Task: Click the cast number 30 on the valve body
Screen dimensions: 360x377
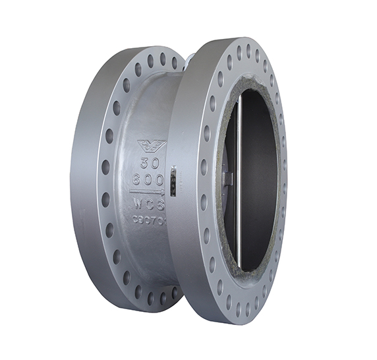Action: pyautogui.click(x=150, y=162)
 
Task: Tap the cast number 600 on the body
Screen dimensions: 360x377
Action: pyautogui.click(x=148, y=179)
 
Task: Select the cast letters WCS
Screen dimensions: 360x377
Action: pyautogui.click(x=149, y=204)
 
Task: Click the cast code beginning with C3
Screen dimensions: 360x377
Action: pyautogui.click(x=149, y=219)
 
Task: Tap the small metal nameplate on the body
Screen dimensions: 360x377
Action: pyautogui.click(x=173, y=181)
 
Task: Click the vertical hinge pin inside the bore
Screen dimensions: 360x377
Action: pyautogui.click(x=239, y=185)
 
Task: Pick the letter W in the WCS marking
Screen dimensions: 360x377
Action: pyautogui.click(x=138, y=204)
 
